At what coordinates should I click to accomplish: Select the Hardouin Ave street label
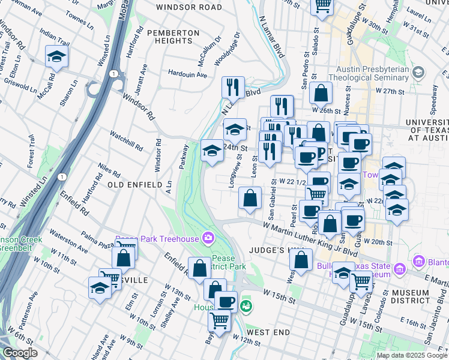click(187, 75)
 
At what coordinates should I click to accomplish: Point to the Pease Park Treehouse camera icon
click(208, 239)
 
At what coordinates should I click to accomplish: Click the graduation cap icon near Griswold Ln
click(56, 57)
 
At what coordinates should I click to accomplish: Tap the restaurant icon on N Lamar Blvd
click(233, 87)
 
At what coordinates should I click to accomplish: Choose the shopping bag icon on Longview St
click(250, 198)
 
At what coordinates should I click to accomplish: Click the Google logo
click(20, 353)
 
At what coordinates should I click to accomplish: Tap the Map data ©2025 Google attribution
click(412, 355)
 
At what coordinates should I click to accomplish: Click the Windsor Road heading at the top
click(188, 7)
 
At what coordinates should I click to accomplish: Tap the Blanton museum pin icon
click(419, 262)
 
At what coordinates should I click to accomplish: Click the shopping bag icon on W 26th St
click(321, 93)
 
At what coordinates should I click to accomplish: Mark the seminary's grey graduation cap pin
click(418, 72)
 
